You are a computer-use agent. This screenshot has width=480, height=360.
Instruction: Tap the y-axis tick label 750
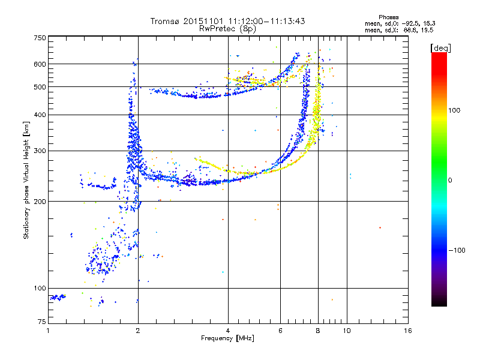pos(40,38)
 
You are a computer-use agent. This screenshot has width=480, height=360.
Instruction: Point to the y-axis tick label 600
pos(40,64)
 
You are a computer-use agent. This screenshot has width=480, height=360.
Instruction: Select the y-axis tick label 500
pos(40,87)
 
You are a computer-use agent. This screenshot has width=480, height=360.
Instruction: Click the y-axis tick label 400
pos(40,115)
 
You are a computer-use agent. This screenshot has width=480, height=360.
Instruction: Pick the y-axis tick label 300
pos(40,151)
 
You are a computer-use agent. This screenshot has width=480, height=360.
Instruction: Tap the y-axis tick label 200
pos(40,201)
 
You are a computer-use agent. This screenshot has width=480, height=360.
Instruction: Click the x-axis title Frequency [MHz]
pos(227,339)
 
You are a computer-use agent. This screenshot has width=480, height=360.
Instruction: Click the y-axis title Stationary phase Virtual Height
pos(26,180)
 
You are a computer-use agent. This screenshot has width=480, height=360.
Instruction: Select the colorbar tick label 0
pos(450,180)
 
